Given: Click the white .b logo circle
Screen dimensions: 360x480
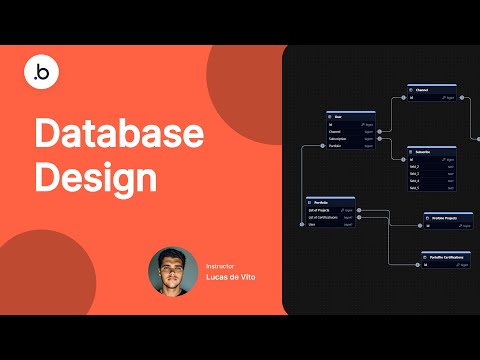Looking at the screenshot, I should [42, 70].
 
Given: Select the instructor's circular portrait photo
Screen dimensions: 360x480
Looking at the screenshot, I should [172, 271].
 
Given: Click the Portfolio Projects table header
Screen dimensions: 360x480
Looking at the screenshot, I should [447, 215].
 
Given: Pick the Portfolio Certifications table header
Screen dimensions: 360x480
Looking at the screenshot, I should [447, 257].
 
